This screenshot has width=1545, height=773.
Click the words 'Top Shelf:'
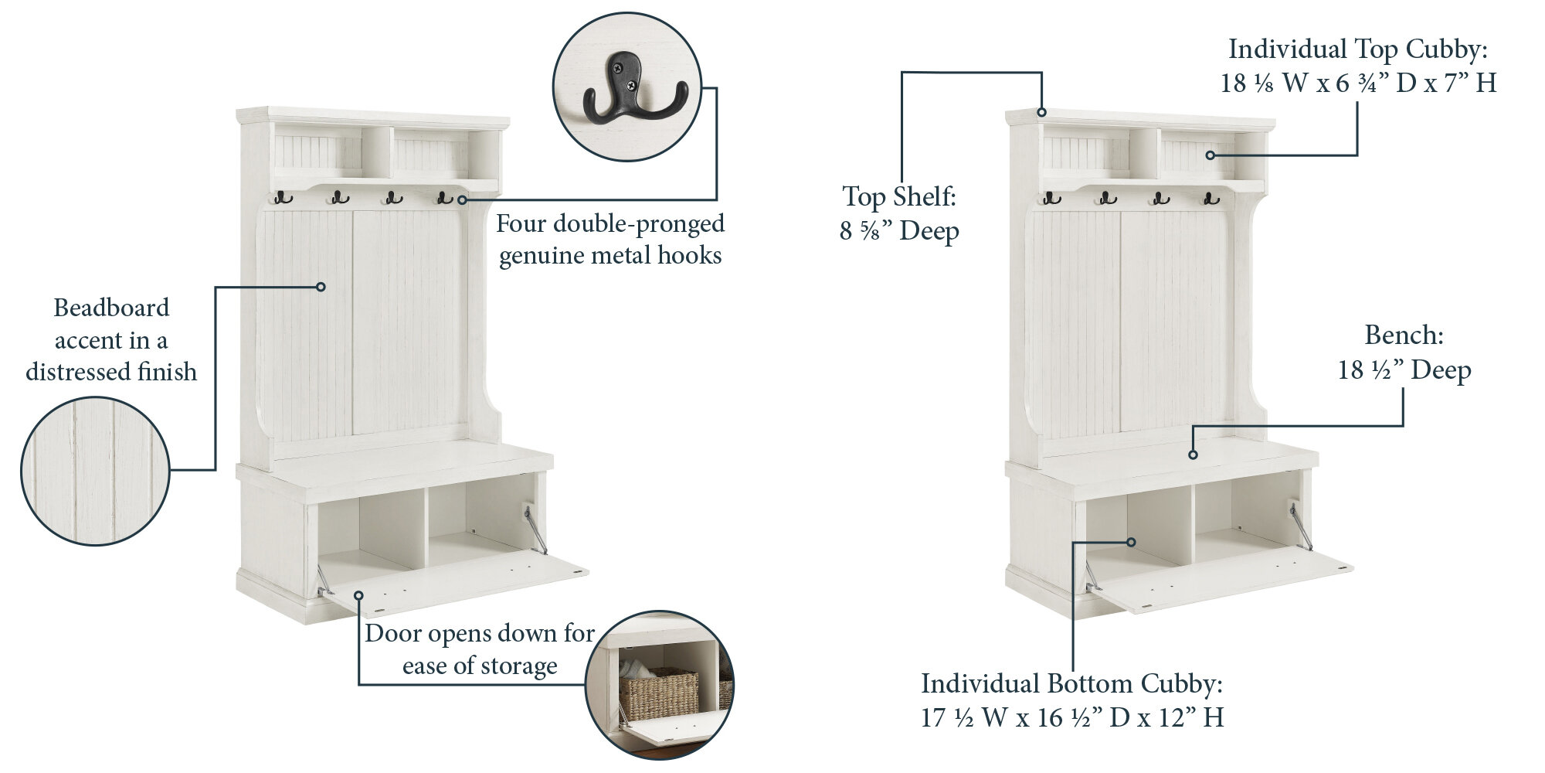click(x=899, y=197)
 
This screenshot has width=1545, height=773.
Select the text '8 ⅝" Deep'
click(x=899, y=231)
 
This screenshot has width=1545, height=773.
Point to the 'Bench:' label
click(x=1404, y=335)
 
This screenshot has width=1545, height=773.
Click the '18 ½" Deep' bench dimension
click(x=1404, y=370)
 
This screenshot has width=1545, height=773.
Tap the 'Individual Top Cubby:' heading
click(x=1358, y=49)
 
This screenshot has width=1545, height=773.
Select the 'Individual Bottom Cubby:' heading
click(x=1072, y=683)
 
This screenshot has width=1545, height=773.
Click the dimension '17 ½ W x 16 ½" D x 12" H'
click(x=1072, y=718)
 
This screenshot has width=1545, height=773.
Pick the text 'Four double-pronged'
click(x=610, y=223)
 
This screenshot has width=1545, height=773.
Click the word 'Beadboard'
click(x=111, y=308)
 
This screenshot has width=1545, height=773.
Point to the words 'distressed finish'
click(x=111, y=372)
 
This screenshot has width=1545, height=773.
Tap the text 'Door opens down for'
click(x=480, y=633)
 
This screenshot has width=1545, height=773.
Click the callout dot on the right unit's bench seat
click(x=1193, y=455)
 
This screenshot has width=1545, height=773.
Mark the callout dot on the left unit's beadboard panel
click(x=321, y=287)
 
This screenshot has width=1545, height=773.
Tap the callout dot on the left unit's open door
click(x=359, y=594)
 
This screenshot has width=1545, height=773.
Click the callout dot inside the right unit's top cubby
click(x=1211, y=155)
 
